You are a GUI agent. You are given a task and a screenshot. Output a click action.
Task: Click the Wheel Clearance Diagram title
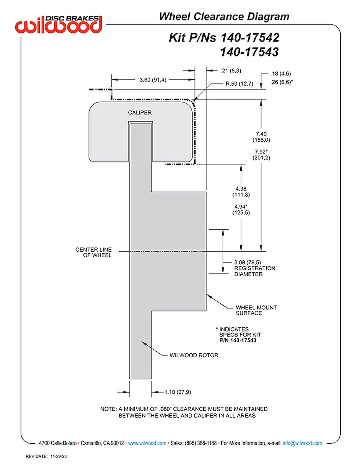(224, 16)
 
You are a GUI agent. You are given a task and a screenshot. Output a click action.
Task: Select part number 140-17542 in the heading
(250, 38)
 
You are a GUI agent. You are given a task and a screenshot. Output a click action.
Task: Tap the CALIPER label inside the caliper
(140, 112)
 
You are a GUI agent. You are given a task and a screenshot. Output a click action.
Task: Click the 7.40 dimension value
(261, 134)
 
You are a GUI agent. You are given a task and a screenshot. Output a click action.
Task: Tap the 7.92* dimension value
(261, 152)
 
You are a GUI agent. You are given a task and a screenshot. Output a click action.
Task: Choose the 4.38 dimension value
(241, 189)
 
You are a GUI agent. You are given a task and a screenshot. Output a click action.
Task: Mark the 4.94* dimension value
(241, 207)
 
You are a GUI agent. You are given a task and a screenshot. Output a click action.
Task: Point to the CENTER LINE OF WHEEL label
(94, 252)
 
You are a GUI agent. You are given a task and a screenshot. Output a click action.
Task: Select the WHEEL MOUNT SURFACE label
(256, 310)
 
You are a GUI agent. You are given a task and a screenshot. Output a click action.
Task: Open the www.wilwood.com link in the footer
(147, 443)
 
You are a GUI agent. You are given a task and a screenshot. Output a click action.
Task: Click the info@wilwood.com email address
(302, 443)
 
